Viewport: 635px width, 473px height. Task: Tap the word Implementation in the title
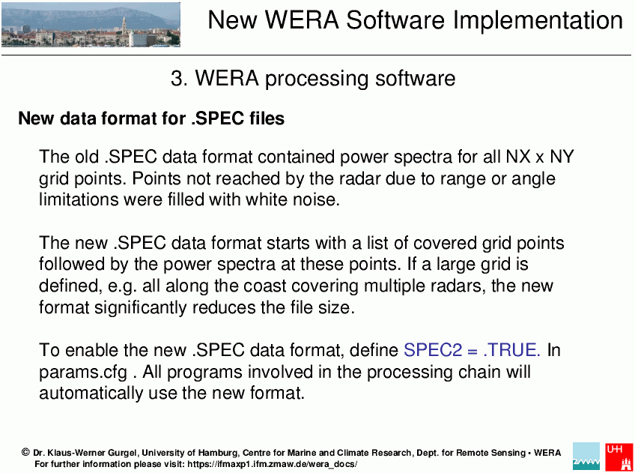pyautogui.click(x=538, y=20)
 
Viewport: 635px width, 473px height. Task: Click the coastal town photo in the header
pyautogui.click(x=91, y=25)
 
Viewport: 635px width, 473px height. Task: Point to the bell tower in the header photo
pyautogui.click(x=124, y=26)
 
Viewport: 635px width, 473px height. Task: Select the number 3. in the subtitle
pyautogui.click(x=179, y=78)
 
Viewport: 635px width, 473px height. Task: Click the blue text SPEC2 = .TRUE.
pyautogui.click(x=472, y=350)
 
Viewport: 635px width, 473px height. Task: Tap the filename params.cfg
pyautogui.click(x=83, y=373)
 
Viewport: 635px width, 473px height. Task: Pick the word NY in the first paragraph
pyautogui.click(x=562, y=157)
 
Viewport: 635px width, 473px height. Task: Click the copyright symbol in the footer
pyautogui.click(x=25, y=452)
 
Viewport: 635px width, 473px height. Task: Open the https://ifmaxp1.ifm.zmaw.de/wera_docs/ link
pyautogui.click(x=272, y=464)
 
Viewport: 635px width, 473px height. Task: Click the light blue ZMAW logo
pyautogui.click(x=586, y=457)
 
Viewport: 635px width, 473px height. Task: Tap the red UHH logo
pyautogui.click(x=619, y=457)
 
